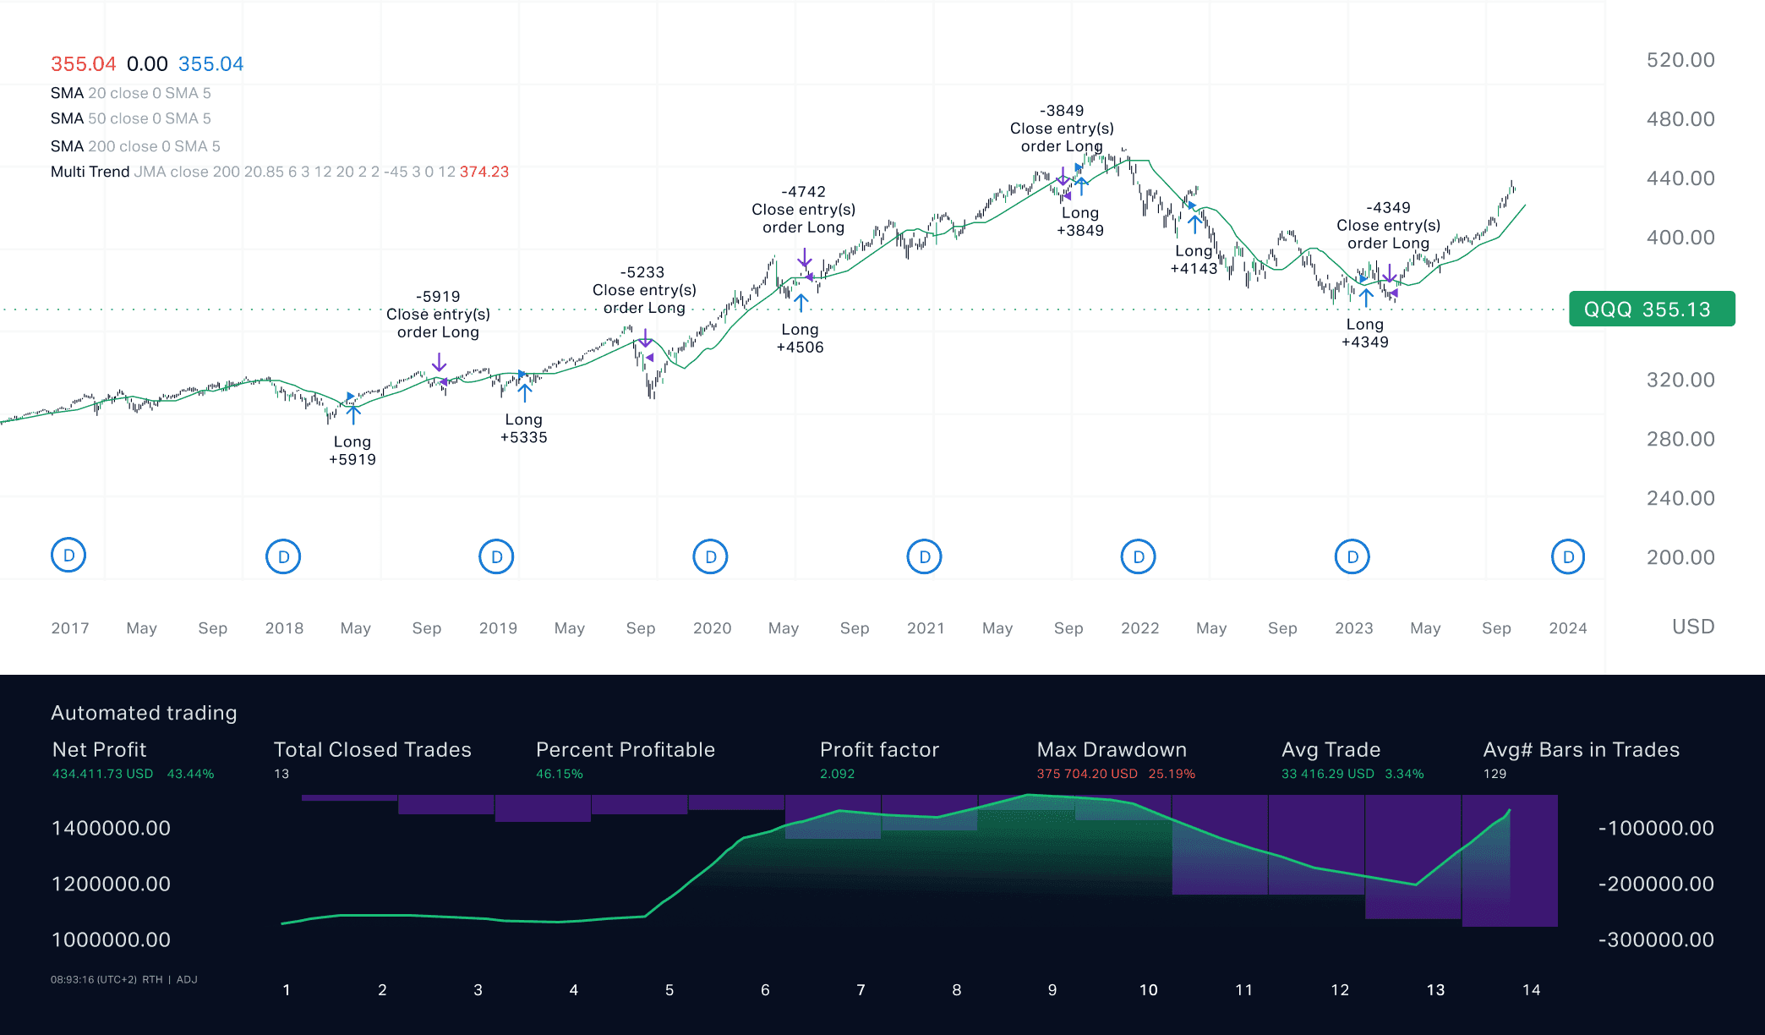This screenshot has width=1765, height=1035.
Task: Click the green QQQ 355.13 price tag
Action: click(x=1651, y=309)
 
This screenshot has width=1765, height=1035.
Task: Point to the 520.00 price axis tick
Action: click(x=1680, y=60)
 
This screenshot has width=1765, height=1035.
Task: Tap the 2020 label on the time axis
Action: click(x=712, y=628)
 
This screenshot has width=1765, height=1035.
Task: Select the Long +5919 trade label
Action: click(x=352, y=451)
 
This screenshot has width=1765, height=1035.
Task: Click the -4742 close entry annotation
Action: click(x=803, y=210)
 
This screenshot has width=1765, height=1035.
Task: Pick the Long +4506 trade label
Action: click(x=800, y=338)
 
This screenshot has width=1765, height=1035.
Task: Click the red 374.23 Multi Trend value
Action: click(x=484, y=172)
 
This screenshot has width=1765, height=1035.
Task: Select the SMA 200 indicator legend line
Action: click(x=135, y=146)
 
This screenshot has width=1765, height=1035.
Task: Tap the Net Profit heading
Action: click(x=99, y=749)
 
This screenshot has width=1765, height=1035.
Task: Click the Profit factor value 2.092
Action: click(x=837, y=774)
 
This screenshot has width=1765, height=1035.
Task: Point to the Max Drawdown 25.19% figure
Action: click(x=1172, y=774)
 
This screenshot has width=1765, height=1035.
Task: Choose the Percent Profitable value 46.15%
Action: click(x=559, y=774)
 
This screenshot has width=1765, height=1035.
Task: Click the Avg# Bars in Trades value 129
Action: click(x=1495, y=774)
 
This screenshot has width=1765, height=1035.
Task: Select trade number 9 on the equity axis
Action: click(x=1052, y=989)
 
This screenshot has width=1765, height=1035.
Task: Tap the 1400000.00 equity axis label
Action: click(x=111, y=828)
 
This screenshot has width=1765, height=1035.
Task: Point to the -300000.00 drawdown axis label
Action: click(x=1656, y=939)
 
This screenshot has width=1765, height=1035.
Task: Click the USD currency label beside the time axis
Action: click(x=1693, y=627)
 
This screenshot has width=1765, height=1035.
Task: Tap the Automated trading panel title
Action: click(x=144, y=713)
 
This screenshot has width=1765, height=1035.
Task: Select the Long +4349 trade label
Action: click(x=1365, y=333)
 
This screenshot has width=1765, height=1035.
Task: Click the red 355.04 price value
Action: click(x=83, y=64)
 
